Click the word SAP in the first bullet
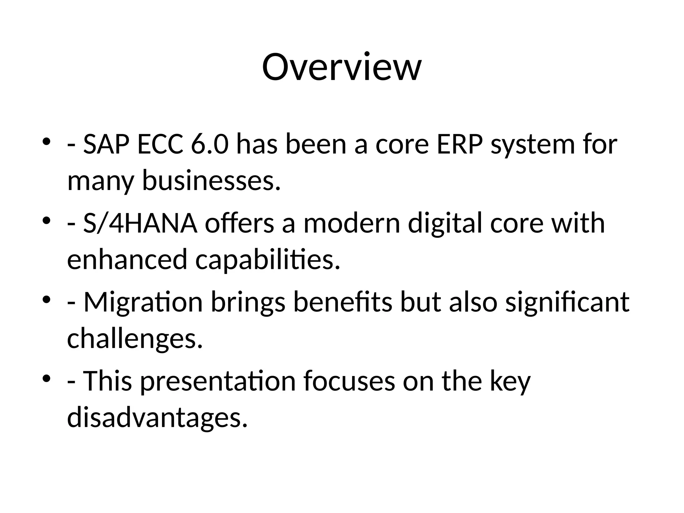(x=106, y=144)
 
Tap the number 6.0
(x=210, y=144)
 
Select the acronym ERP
(x=459, y=144)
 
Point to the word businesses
(x=211, y=181)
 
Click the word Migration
(x=143, y=303)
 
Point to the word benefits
(x=343, y=302)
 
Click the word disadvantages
(x=157, y=417)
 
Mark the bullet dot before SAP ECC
(x=46, y=142)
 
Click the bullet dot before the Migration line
(x=46, y=299)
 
